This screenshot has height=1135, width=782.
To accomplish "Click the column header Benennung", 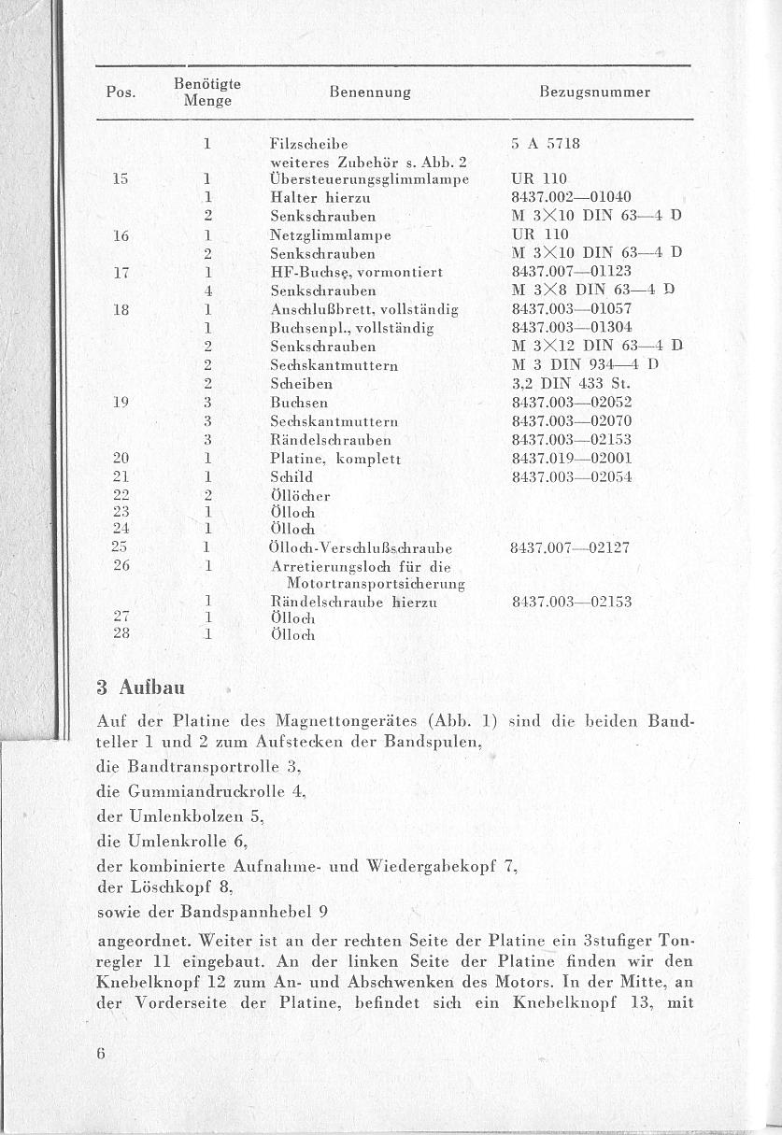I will [370, 92].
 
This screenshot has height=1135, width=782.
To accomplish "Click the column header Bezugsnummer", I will [594, 92].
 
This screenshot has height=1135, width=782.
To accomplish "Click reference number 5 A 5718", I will [547, 145].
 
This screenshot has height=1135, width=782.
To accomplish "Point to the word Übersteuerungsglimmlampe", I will [368, 178].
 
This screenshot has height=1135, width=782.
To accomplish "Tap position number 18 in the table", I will [120, 308].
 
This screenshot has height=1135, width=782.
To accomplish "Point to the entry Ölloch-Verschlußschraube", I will [361, 547].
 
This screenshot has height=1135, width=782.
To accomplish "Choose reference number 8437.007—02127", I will [572, 547].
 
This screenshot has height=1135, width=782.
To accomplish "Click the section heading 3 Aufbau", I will [141, 688].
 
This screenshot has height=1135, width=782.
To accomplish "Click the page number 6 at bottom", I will [100, 1052].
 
